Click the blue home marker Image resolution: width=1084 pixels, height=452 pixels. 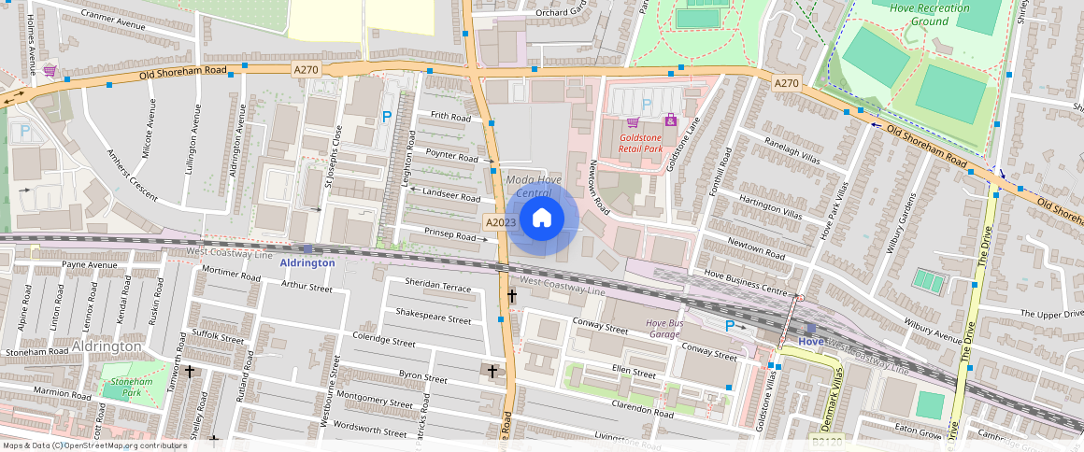click(x=542, y=219)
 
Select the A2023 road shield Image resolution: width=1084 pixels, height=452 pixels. click(x=501, y=223)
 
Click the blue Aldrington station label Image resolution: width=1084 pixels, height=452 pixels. click(x=307, y=263)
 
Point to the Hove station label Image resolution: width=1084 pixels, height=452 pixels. click(x=810, y=342)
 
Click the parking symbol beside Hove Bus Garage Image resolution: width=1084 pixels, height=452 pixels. click(x=730, y=326)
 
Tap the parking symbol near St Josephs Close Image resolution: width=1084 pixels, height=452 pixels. click(x=385, y=118)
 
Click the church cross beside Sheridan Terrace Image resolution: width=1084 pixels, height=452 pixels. click(x=511, y=295)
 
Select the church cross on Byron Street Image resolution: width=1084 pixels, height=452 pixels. click(x=492, y=371)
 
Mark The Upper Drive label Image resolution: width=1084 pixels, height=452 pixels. click(x=1051, y=314)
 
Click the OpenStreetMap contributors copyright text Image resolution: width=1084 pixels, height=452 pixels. click(x=94, y=445)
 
